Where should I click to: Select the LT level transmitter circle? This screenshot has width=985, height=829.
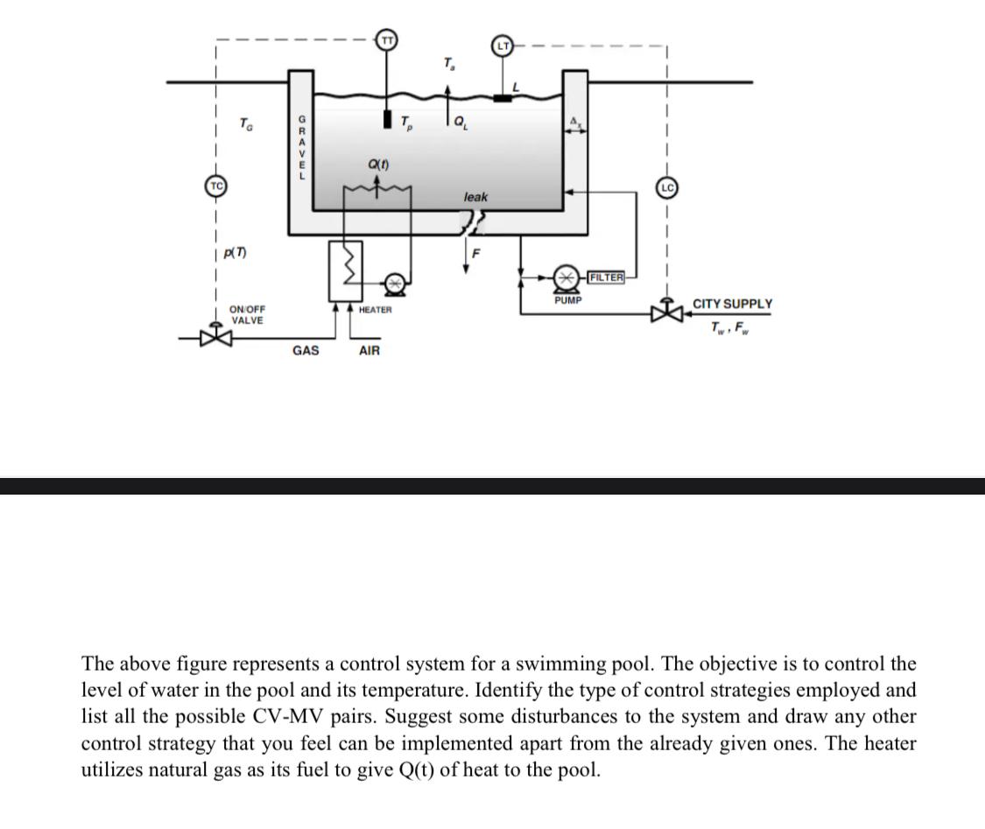coord(503,44)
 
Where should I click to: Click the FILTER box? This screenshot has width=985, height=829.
coord(606,278)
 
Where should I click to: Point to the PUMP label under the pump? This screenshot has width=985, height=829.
coord(568,300)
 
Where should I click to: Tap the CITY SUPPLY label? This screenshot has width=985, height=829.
coord(732,304)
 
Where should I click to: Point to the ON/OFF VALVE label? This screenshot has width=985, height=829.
coord(247,315)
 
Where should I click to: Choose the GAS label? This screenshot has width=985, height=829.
coord(306,351)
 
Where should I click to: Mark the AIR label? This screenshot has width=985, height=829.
coord(369,351)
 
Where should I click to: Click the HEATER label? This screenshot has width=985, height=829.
coord(376,310)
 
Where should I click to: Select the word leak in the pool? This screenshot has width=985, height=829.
coord(475,197)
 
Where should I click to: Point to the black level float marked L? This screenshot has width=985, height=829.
coord(502,98)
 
